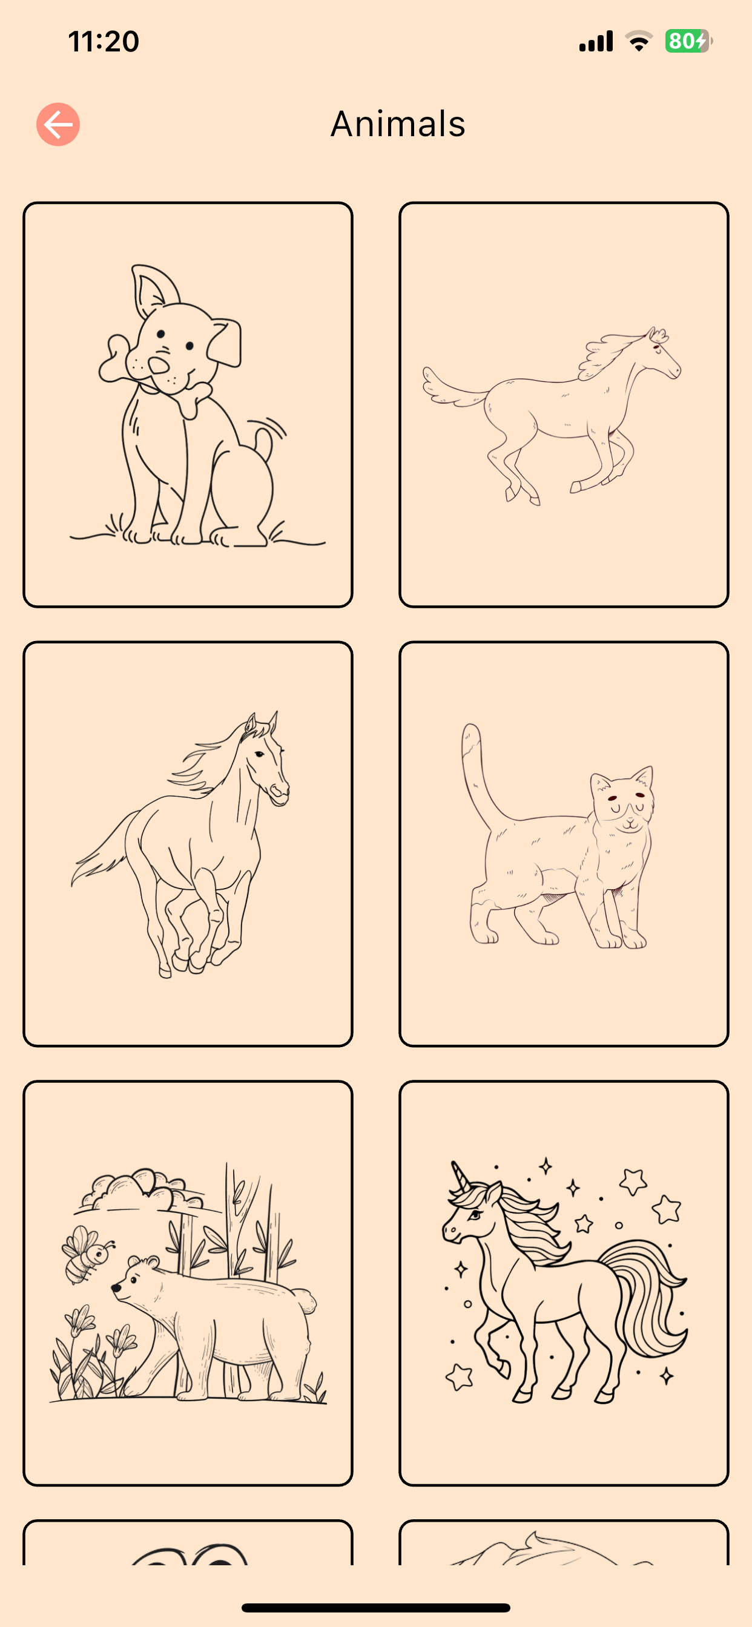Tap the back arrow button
coord(58,125)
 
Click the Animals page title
coord(398,124)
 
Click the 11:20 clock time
coord(104,42)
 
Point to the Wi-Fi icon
coord(639,41)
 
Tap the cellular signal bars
coord(596,41)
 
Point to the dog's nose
coord(158,365)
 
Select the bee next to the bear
coord(87,1253)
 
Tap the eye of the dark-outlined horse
coord(259,754)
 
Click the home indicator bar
coord(376,1608)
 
